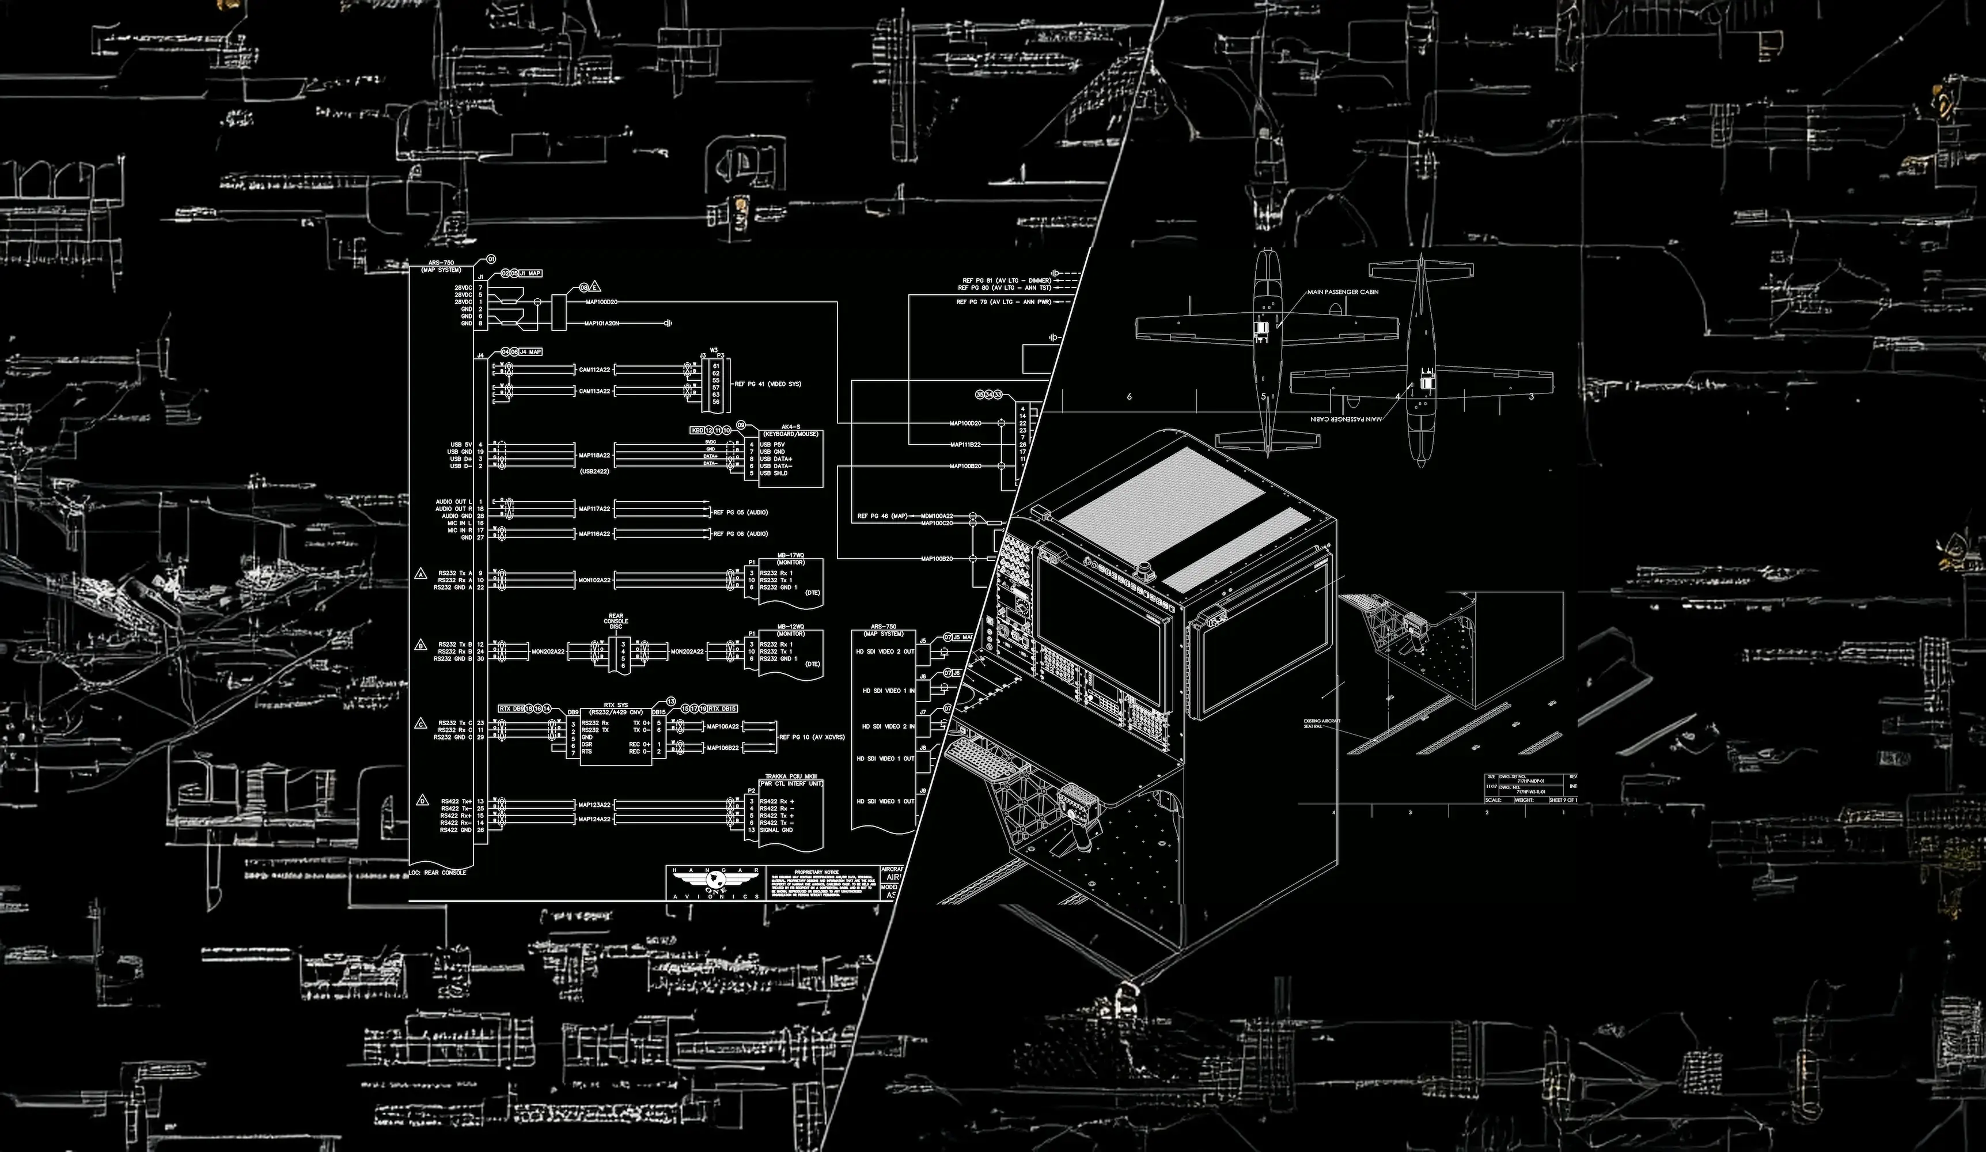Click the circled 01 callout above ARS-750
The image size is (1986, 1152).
click(491, 259)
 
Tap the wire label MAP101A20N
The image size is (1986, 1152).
click(601, 323)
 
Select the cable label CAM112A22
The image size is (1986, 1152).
click(594, 369)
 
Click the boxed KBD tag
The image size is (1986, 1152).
click(697, 430)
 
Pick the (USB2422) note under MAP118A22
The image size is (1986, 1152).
click(594, 471)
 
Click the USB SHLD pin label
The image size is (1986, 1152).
click(774, 473)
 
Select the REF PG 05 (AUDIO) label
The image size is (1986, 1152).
click(740, 512)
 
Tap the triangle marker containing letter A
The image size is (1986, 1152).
click(422, 574)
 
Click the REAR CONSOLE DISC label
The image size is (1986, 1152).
click(616, 622)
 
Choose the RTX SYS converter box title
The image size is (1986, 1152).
click(616, 705)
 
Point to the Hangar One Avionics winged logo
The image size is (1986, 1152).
click(715, 880)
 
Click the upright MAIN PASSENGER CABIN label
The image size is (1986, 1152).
click(1342, 293)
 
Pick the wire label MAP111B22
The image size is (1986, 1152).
click(965, 445)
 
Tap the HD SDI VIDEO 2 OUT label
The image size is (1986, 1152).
click(884, 651)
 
